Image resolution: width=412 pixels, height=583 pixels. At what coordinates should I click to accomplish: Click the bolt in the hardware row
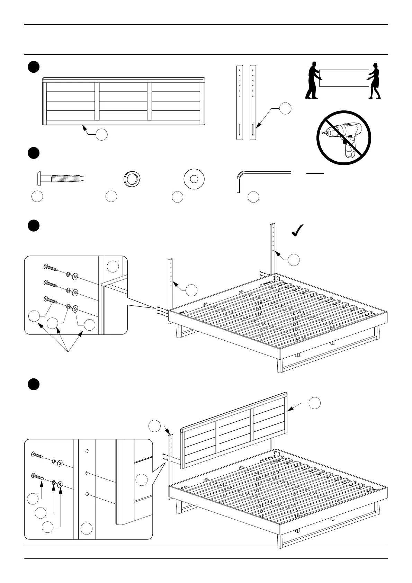point(60,179)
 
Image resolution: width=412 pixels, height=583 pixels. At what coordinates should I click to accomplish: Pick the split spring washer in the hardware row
point(131,179)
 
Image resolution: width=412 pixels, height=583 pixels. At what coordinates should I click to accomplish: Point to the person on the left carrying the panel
point(312,80)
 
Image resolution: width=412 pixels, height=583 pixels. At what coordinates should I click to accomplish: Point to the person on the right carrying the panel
point(374,81)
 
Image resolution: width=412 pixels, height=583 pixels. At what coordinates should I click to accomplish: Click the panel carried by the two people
point(343,78)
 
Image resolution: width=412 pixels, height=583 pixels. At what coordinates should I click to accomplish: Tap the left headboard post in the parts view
point(239,102)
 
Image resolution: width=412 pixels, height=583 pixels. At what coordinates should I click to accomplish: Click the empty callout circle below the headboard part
point(101,135)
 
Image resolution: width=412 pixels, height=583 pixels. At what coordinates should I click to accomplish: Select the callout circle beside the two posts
point(285,108)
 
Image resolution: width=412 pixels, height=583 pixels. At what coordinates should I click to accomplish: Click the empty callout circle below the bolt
point(37,196)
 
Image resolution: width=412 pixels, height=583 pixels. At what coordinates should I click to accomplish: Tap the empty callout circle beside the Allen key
point(253,197)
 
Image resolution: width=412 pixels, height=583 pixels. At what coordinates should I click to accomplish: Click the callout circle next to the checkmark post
point(294,260)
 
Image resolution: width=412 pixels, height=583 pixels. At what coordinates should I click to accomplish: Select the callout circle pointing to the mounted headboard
point(315,403)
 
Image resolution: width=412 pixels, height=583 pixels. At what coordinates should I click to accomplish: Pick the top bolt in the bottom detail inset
point(37,455)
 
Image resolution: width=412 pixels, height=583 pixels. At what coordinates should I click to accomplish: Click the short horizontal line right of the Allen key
point(315,173)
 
